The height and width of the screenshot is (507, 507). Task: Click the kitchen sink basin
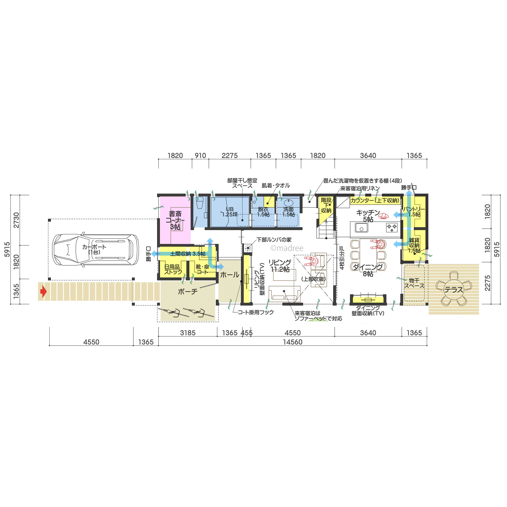(361, 227)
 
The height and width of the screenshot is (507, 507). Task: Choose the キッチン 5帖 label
(368, 216)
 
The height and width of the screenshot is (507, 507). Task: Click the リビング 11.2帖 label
(280, 266)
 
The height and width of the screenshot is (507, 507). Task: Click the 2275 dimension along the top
(230, 156)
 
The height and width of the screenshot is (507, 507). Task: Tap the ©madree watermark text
(287, 248)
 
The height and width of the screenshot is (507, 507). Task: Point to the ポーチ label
(188, 291)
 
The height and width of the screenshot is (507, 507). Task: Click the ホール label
(230, 275)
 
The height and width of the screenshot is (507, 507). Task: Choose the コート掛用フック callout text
(256, 312)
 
